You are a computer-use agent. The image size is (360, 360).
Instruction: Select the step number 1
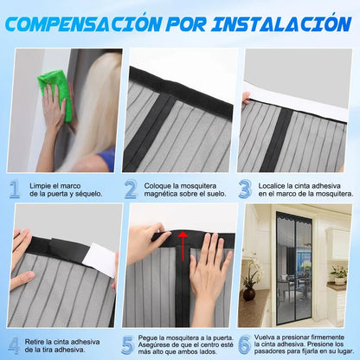click(15, 189)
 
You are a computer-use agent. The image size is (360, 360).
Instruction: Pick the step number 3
click(245, 189)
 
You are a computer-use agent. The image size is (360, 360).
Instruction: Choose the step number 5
click(129, 344)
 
